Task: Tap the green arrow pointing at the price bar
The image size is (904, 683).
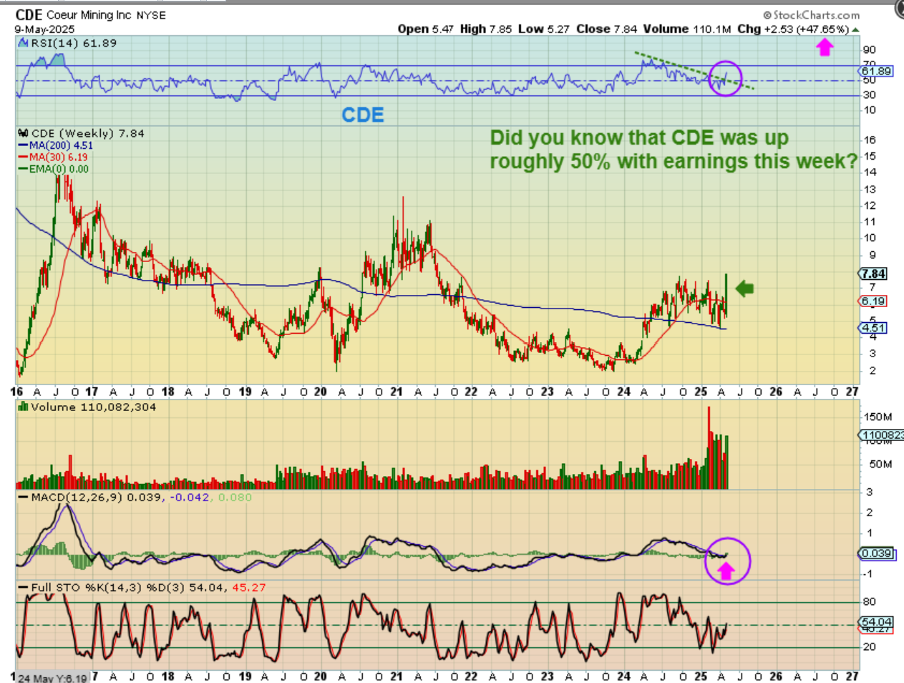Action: [x=745, y=289]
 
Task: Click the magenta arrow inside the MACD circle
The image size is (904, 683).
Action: [x=726, y=570]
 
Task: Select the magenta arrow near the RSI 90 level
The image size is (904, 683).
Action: [x=825, y=48]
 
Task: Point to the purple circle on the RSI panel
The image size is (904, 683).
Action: [x=725, y=78]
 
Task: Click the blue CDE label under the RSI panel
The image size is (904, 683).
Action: [x=363, y=115]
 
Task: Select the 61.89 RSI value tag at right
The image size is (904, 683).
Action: [x=876, y=71]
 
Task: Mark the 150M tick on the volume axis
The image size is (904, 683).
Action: [x=878, y=417]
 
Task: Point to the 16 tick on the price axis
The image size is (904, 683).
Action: [x=870, y=140]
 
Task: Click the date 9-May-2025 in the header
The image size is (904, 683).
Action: [x=44, y=30]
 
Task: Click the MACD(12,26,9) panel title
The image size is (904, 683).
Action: [x=77, y=497]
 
